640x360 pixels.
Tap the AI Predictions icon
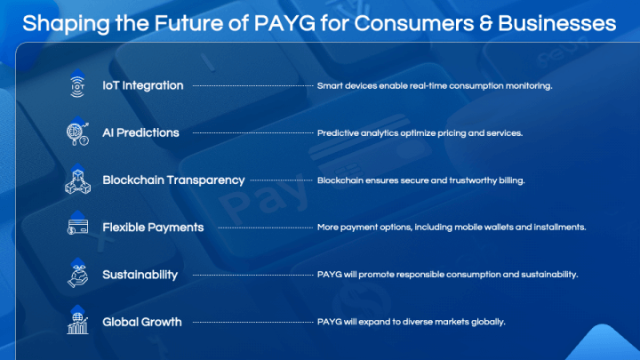pyautogui.click(x=77, y=132)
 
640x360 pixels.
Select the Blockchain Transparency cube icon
pyautogui.click(x=77, y=180)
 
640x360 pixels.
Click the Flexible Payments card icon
pyautogui.click(x=77, y=224)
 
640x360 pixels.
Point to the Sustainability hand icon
pyautogui.click(x=77, y=273)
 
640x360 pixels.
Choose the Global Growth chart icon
pyautogui.click(x=77, y=320)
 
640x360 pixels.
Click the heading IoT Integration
pyautogui.click(x=143, y=85)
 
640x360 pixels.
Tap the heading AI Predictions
pyautogui.click(x=140, y=132)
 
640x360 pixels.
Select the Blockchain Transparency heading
pyautogui.click(x=173, y=180)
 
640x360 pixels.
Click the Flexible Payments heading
pyautogui.click(x=153, y=228)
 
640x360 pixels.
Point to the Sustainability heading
pyautogui.click(x=140, y=275)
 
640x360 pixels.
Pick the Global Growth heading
pyautogui.click(x=142, y=322)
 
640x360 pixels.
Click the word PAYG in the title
pyautogui.click(x=284, y=23)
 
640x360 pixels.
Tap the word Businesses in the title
pyautogui.click(x=556, y=23)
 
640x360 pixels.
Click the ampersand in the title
pyautogui.click(x=485, y=23)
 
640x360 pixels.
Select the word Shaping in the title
pyautogui.click(x=66, y=24)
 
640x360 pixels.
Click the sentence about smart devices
pyautogui.click(x=435, y=85)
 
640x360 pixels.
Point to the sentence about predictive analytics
pyautogui.click(x=420, y=133)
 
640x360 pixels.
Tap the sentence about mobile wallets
pyautogui.click(x=452, y=227)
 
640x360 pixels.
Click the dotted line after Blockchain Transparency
pyautogui.click(x=281, y=180)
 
